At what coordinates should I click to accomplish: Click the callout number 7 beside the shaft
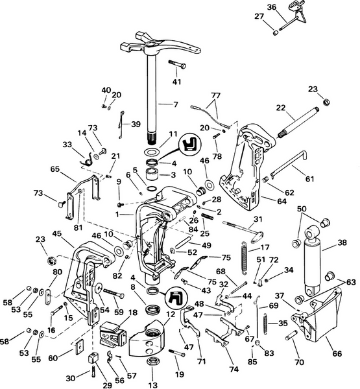tap(175, 104)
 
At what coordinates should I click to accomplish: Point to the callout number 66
tap(337, 353)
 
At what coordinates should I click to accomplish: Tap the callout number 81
tap(78, 228)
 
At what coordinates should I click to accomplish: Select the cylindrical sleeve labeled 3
tap(154, 175)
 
